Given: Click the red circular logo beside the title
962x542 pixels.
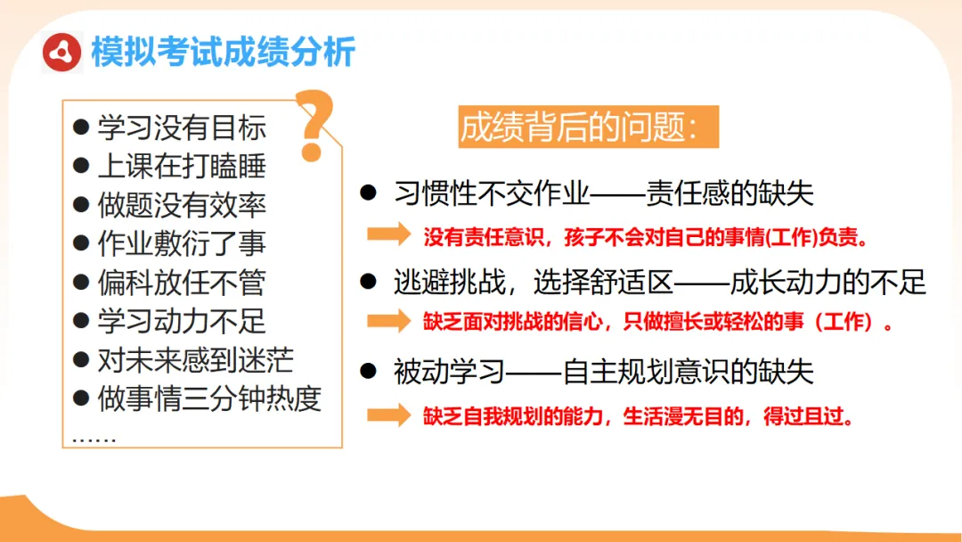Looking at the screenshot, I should pos(62,52).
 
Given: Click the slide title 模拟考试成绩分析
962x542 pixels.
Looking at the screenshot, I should pos(224,52).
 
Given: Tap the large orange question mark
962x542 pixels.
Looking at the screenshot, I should pos(314,126).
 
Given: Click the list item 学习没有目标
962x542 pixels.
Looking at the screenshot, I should pos(182,127).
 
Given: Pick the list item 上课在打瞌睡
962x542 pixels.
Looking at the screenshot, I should pos(182,167).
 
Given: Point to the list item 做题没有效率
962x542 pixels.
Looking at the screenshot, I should pos(182,205).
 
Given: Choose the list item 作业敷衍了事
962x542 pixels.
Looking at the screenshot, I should pos(182,243).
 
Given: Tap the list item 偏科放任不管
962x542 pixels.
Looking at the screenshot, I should pos(182,283).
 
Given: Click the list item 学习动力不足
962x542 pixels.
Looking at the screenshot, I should pos(182,321).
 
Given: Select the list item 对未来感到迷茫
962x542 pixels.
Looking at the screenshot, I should pos(195,359).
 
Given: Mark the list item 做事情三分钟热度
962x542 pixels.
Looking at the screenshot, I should pos(208,398).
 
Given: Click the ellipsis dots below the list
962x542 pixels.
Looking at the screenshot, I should pos(94,437).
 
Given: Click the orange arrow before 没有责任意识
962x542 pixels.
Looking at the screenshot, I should pos(388,234).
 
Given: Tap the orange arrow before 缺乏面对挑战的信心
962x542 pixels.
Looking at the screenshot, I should pos(388,321).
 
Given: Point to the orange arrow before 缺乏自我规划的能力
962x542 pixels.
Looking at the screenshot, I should pos(388,415).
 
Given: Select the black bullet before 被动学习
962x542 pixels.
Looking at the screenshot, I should pos(367,370).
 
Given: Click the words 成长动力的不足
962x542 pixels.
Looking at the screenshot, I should pos(827,283).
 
